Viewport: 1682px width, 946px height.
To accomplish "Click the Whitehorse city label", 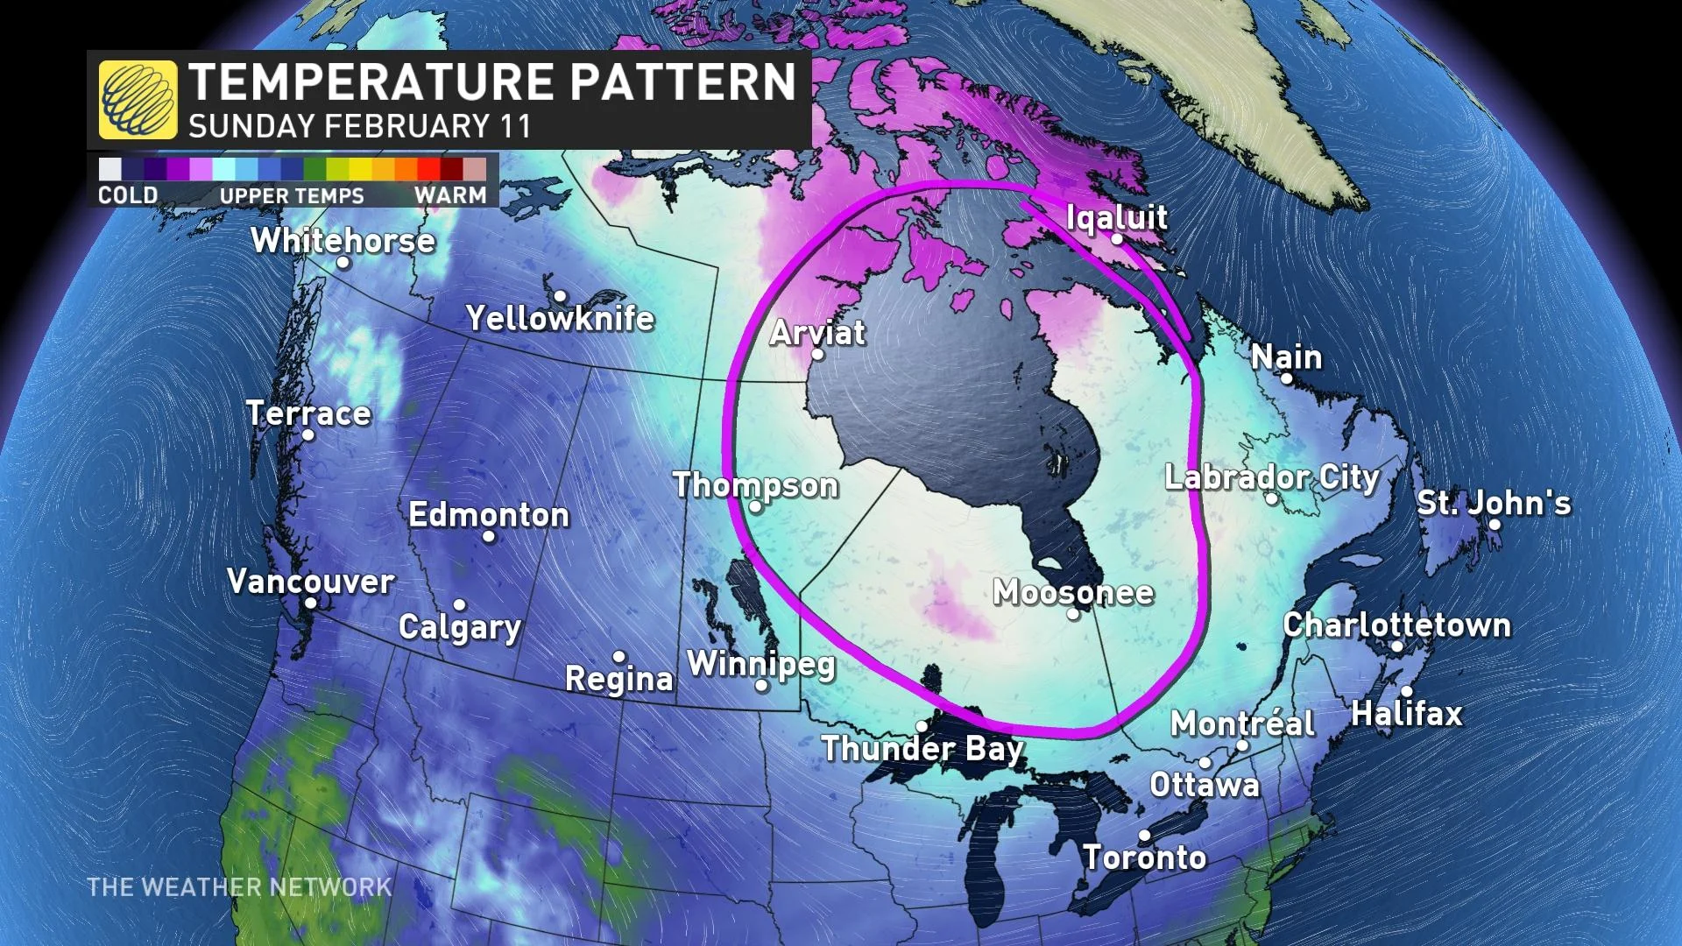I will pyautogui.click(x=343, y=240).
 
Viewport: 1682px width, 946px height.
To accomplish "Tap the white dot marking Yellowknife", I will pyautogui.click(x=560, y=296).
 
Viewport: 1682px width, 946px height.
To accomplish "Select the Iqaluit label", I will pyautogui.click(x=1117, y=216).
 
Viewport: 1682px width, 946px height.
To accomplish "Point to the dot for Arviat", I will pyautogui.click(x=817, y=355).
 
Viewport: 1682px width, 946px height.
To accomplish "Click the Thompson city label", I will pyautogui.click(x=755, y=484).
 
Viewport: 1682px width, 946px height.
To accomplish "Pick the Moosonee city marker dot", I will pyautogui.click(x=1072, y=614).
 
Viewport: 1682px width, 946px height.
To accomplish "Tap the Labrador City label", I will pyautogui.click(x=1271, y=477).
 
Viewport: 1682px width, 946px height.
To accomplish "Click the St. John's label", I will pyautogui.click(x=1494, y=503).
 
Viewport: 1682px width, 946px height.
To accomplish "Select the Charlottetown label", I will pyautogui.click(x=1396, y=625).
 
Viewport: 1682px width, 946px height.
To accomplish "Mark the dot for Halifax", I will pyautogui.click(x=1406, y=691).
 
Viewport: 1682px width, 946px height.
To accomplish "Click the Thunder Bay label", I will pyautogui.click(x=922, y=749).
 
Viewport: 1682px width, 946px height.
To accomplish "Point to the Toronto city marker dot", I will pyautogui.click(x=1144, y=835).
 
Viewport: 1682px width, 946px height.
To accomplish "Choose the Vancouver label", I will pyautogui.click(x=310, y=581).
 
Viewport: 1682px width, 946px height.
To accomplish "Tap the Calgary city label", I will pyautogui.click(x=460, y=627).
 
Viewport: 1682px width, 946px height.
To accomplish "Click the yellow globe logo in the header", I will pyautogui.click(x=138, y=100).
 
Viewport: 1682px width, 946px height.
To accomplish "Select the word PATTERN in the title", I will pyautogui.click(x=682, y=82).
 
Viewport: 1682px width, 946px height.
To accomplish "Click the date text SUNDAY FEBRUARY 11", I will pyautogui.click(x=359, y=126).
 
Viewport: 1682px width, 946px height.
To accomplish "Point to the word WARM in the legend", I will pyautogui.click(x=450, y=194).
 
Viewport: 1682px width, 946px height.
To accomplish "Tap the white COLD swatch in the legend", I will pyautogui.click(x=110, y=169).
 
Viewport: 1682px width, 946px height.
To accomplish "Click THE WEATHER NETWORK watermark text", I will pyautogui.click(x=239, y=886).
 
